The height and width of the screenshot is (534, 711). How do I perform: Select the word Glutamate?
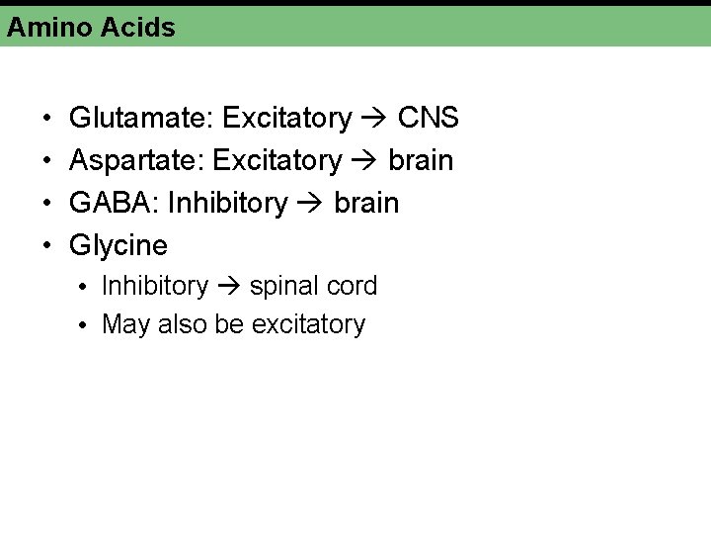140,119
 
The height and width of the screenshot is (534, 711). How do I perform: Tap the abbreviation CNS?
429,119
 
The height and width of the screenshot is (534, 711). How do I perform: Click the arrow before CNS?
374,120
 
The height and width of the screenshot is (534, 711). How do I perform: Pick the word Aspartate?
135,160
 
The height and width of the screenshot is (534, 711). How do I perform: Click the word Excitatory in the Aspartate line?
276,160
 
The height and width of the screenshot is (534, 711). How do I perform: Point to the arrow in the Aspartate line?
365,161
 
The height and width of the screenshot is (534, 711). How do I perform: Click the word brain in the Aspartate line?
421,160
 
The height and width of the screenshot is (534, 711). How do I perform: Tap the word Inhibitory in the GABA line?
228,203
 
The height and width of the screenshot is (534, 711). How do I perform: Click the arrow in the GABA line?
311,204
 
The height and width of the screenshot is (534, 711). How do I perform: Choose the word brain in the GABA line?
366,203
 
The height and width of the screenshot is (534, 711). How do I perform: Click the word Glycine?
118,245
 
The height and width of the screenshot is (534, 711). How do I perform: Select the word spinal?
282,287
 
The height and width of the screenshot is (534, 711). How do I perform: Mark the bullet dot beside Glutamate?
48,120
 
